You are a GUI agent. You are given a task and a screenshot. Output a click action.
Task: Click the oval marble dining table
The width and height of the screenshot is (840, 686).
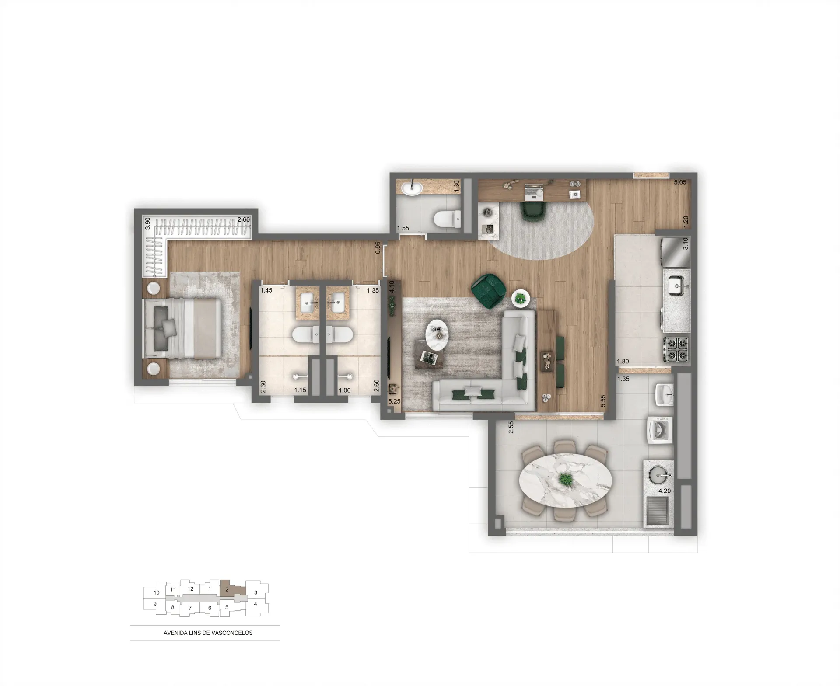(565, 480)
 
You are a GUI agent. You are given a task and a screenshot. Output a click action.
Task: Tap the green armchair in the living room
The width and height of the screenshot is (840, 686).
(489, 291)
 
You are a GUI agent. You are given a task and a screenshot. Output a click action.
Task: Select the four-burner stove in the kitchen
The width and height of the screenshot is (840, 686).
(677, 349)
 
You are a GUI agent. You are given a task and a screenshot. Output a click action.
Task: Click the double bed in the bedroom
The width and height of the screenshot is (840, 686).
(183, 328)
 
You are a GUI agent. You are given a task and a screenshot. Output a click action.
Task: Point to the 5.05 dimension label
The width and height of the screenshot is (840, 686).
(680, 182)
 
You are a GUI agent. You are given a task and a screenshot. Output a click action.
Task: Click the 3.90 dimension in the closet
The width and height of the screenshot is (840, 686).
(148, 223)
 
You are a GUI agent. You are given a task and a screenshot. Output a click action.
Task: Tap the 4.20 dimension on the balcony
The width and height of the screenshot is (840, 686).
(665, 491)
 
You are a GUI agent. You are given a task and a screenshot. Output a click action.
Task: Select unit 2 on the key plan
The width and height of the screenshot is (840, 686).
(227, 589)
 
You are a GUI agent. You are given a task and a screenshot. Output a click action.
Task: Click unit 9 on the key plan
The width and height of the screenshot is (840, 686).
(155, 604)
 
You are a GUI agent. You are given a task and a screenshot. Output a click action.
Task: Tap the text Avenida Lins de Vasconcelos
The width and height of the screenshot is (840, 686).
(208, 633)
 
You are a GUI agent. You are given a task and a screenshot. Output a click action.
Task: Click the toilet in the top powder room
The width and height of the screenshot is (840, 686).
(446, 219)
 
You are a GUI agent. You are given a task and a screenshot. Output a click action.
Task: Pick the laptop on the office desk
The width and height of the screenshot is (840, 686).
(533, 191)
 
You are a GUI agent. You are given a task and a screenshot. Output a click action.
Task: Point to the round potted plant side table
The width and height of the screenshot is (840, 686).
(521, 299)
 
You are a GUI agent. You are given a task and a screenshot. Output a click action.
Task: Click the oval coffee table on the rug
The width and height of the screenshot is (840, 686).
(437, 335)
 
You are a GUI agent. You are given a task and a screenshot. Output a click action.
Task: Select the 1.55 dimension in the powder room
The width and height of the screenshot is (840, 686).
(403, 228)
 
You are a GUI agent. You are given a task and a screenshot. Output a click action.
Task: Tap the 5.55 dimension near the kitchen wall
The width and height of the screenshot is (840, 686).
(603, 401)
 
